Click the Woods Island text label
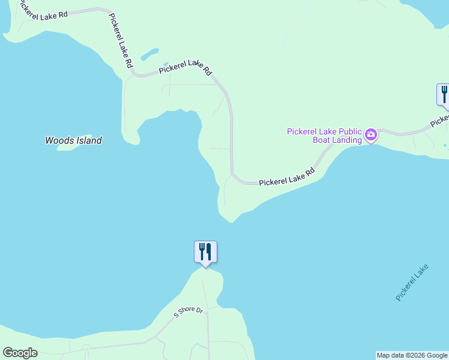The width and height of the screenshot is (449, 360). (x=73, y=140)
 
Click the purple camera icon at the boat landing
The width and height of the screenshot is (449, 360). (x=371, y=134)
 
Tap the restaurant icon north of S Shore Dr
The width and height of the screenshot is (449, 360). (x=205, y=251)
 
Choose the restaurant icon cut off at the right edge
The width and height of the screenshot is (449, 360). (x=443, y=95)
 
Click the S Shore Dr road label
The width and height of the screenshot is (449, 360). (x=189, y=312)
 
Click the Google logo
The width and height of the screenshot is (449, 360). (x=20, y=353)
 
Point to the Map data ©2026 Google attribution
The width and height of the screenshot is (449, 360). (x=412, y=355)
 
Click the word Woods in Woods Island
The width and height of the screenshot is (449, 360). (x=58, y=140)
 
